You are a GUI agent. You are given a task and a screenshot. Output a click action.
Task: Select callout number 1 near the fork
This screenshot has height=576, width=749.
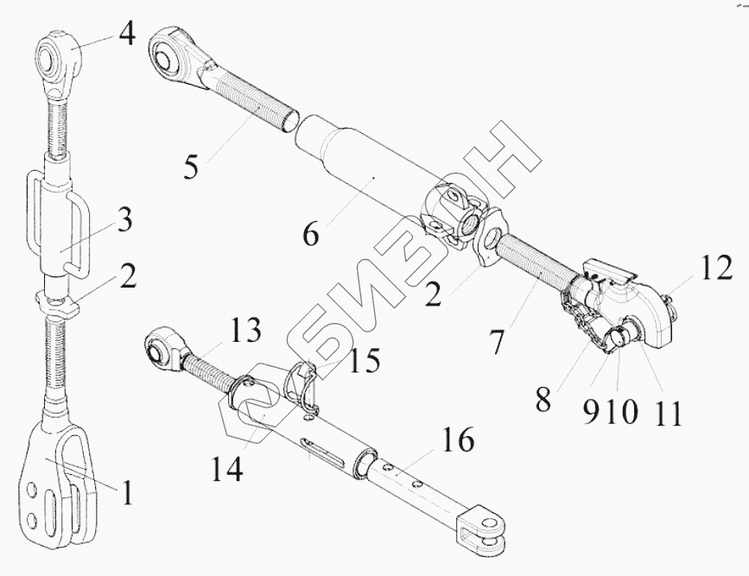[126, 493]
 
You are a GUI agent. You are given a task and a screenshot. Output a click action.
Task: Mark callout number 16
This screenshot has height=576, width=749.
[458, 442]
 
